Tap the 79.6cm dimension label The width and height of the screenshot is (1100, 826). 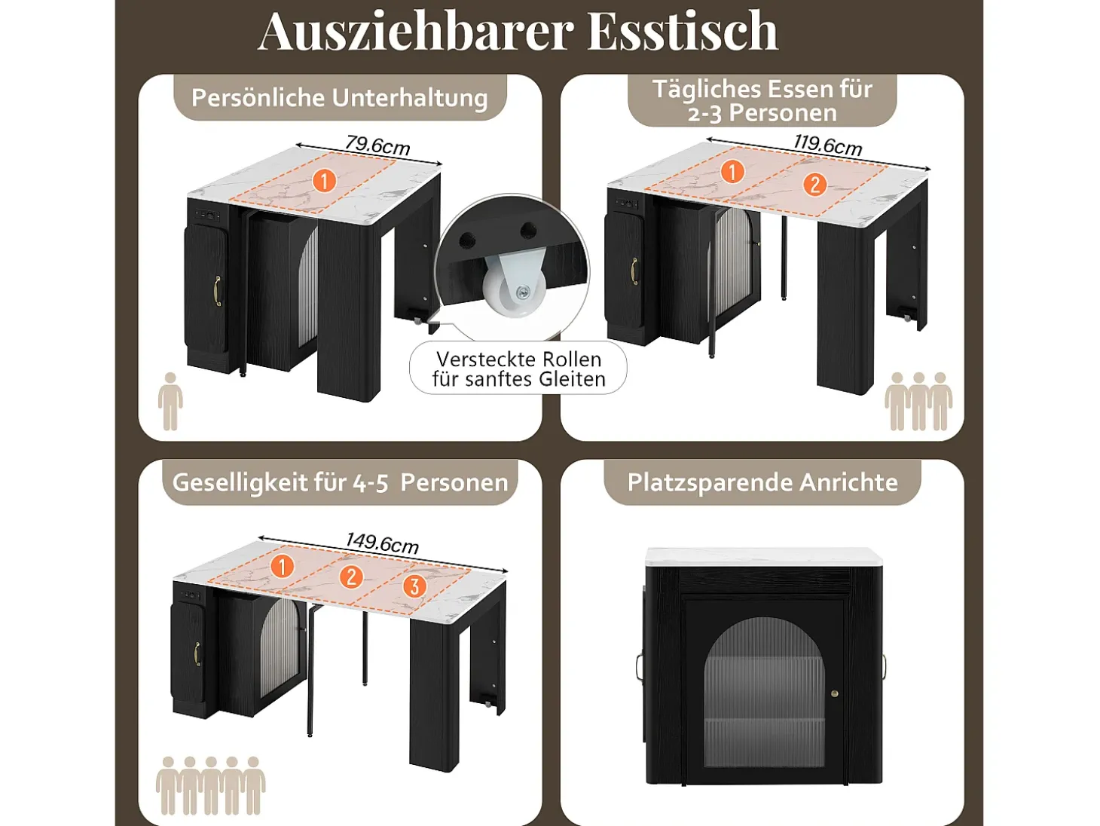[x=377, y=145]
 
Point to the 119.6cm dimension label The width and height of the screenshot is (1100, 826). [x=827, y=145]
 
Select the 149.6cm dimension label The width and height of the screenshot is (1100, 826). [x=382, y=543]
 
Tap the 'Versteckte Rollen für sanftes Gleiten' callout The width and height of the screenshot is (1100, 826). [x=518, y=369]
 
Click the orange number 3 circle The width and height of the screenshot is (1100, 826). [x=414, y=586]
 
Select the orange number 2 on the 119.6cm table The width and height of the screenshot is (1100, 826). [x=814, y=185]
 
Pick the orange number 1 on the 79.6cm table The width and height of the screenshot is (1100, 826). [x=324, y=180]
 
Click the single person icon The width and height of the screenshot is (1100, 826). [x=170, y=401]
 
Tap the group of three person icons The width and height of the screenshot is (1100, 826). [x=918, y=401]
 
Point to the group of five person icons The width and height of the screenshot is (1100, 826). [x=210, y=785]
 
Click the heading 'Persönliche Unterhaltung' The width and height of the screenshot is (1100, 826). [x=340, y=98]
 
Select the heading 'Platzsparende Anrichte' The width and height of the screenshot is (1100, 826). [x=762, y=482]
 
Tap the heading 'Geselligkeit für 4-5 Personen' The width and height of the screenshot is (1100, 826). [x=340, y=482]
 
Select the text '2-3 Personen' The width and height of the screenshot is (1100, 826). [x=762, y=113]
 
